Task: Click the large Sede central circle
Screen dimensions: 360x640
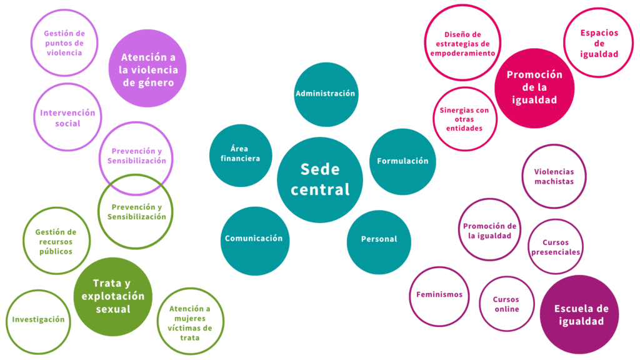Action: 320,179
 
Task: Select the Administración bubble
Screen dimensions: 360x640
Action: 325,94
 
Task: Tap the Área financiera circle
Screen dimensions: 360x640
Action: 241,155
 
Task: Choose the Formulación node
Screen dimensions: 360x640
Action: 402,161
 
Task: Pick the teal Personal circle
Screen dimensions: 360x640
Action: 378,240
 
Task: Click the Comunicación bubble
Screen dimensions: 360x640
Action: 254,239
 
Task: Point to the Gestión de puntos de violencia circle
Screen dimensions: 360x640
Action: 65,42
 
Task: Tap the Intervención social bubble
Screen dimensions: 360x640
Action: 67,117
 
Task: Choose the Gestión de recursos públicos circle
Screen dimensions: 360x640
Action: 55,241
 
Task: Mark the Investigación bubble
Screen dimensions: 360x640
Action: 39,320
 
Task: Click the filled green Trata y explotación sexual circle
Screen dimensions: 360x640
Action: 113,296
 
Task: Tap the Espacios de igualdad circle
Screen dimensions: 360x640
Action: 598,42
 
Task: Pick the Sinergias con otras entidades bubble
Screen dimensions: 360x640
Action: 464,119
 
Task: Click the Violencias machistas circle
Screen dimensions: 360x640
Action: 554,176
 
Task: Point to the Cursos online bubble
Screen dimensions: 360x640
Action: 506,304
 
